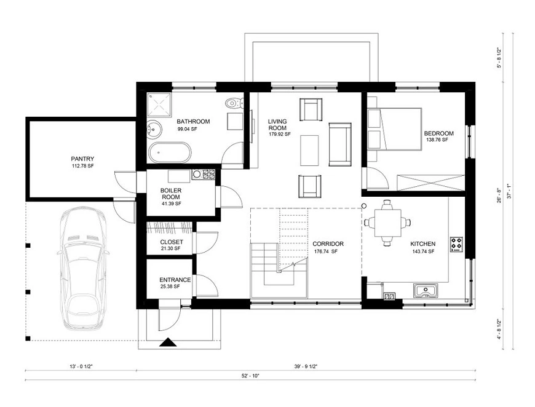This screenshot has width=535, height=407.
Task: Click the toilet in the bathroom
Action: tap(234, 102)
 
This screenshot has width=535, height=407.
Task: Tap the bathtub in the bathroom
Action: tap(170, 152)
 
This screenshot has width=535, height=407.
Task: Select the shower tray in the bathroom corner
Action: tap(159, 105)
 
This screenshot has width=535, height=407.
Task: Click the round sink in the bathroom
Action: tap(153, 129)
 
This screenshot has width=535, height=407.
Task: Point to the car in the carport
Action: tap(83, 269)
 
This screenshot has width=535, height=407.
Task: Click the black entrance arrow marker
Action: tap(168, 342)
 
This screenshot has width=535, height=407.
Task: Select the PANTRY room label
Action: tap(82, 159)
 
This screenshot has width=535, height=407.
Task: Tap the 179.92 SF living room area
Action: tap(279, 134)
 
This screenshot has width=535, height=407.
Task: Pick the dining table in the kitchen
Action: tap(387, 223)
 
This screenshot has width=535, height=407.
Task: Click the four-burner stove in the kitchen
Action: tap(456, 244)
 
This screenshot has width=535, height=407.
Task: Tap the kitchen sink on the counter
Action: tap(426, 291)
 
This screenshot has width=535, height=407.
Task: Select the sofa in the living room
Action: tap(340, 144)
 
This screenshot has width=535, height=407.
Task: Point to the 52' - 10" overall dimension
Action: tap(250, 376)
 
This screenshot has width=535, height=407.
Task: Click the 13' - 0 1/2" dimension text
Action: tap(81, 366)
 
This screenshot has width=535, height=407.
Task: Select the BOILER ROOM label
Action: tap(171, 194)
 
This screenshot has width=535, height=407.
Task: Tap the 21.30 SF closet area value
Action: tap(170, 248)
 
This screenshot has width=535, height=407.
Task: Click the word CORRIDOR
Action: tap(328, 244)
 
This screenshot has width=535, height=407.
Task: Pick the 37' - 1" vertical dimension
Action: tap(509, 191)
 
